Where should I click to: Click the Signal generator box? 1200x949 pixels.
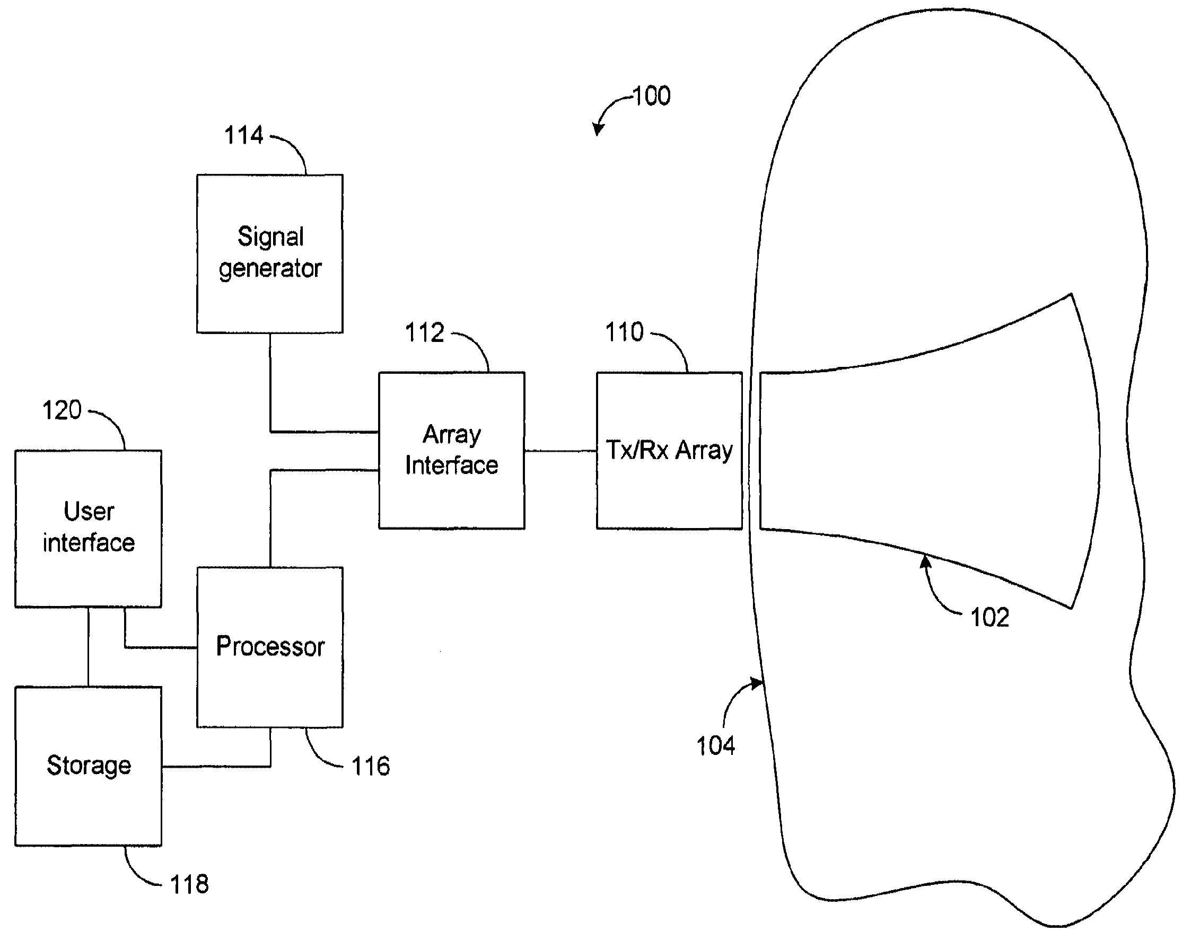click(269, 254)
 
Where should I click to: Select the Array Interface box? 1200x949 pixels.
click(451, 451)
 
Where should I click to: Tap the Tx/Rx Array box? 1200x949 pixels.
click(669, 451)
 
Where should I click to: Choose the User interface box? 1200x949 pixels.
click(89, 529)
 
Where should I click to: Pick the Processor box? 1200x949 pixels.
click(269, 647)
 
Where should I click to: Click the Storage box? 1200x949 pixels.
click(89, 766)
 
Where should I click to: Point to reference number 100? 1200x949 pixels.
click(651, 96)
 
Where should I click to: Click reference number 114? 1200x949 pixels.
click(243, 136)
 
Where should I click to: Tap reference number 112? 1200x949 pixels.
click(425, 333)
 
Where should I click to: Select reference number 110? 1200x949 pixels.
click(624, 332)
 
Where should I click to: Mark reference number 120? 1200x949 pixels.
click(62, 410)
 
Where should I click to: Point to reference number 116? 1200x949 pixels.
click(371, 766)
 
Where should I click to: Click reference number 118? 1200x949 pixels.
click(189, 884)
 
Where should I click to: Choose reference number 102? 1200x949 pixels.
click(990, 617)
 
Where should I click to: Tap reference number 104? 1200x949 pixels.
click(716, 745)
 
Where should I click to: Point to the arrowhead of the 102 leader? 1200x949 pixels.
click(925, 561)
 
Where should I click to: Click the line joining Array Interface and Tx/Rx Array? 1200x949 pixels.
click(561, 451)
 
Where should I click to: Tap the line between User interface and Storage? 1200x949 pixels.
click(89, 647)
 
